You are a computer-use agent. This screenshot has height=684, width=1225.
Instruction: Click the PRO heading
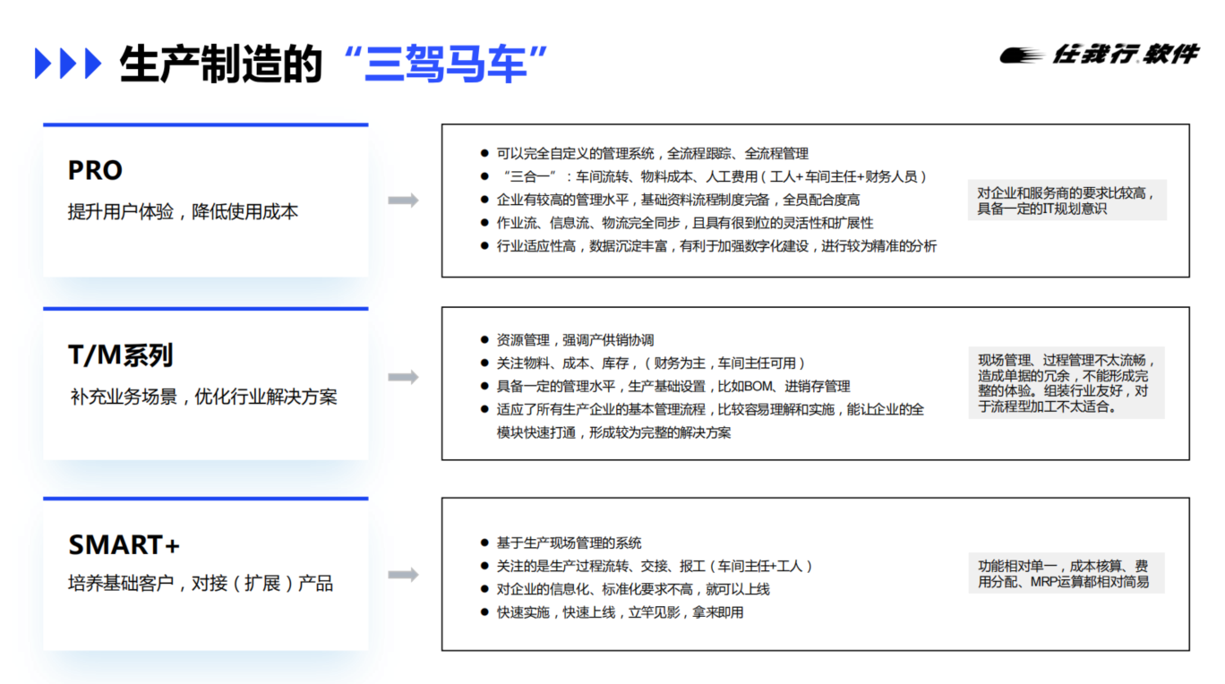point(95,170)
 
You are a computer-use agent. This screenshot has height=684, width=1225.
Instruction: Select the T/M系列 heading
point(120,355)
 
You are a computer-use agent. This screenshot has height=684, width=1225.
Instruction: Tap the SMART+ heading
point(124,544)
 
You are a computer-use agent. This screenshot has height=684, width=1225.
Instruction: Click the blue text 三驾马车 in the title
point(446,64)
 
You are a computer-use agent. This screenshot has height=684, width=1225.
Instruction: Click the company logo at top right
point(1100,55)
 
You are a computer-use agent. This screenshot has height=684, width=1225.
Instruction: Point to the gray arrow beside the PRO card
point(404,201)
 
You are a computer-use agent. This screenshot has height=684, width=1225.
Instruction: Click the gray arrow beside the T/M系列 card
point(404,377)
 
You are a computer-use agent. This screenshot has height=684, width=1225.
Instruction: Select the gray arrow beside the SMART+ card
point(404,575)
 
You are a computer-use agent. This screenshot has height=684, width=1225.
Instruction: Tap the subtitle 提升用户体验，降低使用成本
point(183,211)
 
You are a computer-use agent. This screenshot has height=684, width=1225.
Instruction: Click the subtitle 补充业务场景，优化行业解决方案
point(203,397)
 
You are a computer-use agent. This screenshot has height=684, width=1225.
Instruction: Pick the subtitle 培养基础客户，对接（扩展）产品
point(201,584)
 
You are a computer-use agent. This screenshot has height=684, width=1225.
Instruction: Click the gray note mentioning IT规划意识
point(1067,201)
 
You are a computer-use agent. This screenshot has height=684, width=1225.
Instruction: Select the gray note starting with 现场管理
point(1067,382)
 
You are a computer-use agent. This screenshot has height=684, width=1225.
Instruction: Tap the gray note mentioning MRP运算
point(1067,574)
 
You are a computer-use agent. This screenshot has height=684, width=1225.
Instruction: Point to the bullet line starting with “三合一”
point(714,176)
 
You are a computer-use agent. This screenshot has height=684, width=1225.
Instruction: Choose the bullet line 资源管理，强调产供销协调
point(575,340)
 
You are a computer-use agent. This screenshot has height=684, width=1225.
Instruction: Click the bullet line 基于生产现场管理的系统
point(569,543)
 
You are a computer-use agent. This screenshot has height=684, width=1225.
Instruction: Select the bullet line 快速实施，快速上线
point(621,612)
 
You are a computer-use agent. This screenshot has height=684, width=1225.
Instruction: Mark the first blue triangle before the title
point(43,64)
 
